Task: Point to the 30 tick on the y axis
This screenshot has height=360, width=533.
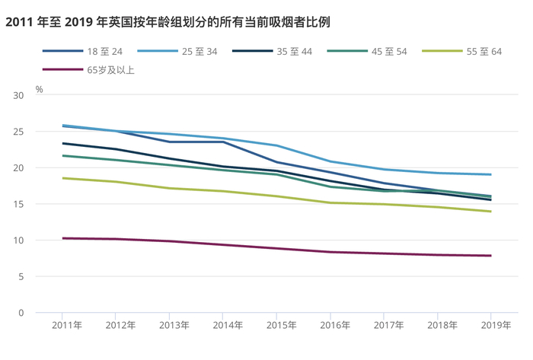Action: tap(18, 95)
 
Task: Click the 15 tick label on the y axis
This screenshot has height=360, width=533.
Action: tap(18, 204)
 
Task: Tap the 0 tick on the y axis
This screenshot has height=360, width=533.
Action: tap(21, 313)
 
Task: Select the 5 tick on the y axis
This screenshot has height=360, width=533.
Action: tap(21, 276)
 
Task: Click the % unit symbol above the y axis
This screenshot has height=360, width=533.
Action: tap(39, 89)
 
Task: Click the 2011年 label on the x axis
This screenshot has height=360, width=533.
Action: tap(66, 325)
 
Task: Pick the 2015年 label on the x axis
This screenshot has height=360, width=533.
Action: tap(281, 325)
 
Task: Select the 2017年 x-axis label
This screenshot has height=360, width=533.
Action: tap(388, 325)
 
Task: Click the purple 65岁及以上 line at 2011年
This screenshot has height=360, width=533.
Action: tap(62, 238)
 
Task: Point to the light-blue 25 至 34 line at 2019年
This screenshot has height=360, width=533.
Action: tap(491, 174)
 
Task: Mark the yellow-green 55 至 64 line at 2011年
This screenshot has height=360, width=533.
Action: tap(62, 178)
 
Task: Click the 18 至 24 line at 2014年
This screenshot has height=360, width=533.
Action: tap(223, 142)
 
